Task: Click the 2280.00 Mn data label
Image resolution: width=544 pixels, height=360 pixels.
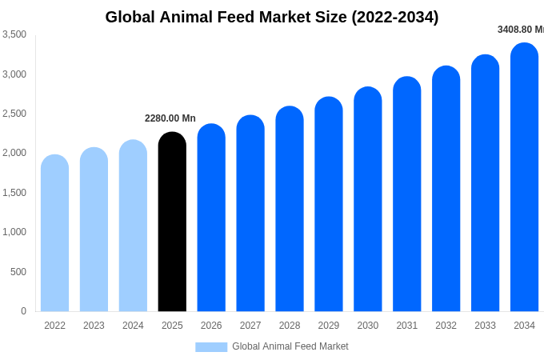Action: [170, 118]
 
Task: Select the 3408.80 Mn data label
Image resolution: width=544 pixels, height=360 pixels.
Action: [521, 30]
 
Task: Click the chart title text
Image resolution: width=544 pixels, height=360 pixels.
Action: [272, 17]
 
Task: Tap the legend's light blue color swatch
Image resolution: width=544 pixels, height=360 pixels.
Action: [211, 346]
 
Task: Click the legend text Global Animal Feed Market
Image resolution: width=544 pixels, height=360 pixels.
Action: [290, 346]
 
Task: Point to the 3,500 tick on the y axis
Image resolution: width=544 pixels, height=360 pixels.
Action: [14, 34]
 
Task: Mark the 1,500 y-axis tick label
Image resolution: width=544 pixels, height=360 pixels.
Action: [14, 193]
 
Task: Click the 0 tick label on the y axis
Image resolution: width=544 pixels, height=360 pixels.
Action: [23, 311]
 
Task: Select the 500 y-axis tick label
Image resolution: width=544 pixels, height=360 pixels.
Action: [18, 272]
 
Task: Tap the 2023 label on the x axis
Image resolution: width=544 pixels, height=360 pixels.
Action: [94, 326]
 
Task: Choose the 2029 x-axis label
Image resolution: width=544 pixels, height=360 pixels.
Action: [329, 326]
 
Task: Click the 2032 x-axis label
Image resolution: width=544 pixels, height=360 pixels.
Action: [446, 326]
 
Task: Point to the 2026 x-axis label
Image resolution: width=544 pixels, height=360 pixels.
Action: [211, 326]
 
